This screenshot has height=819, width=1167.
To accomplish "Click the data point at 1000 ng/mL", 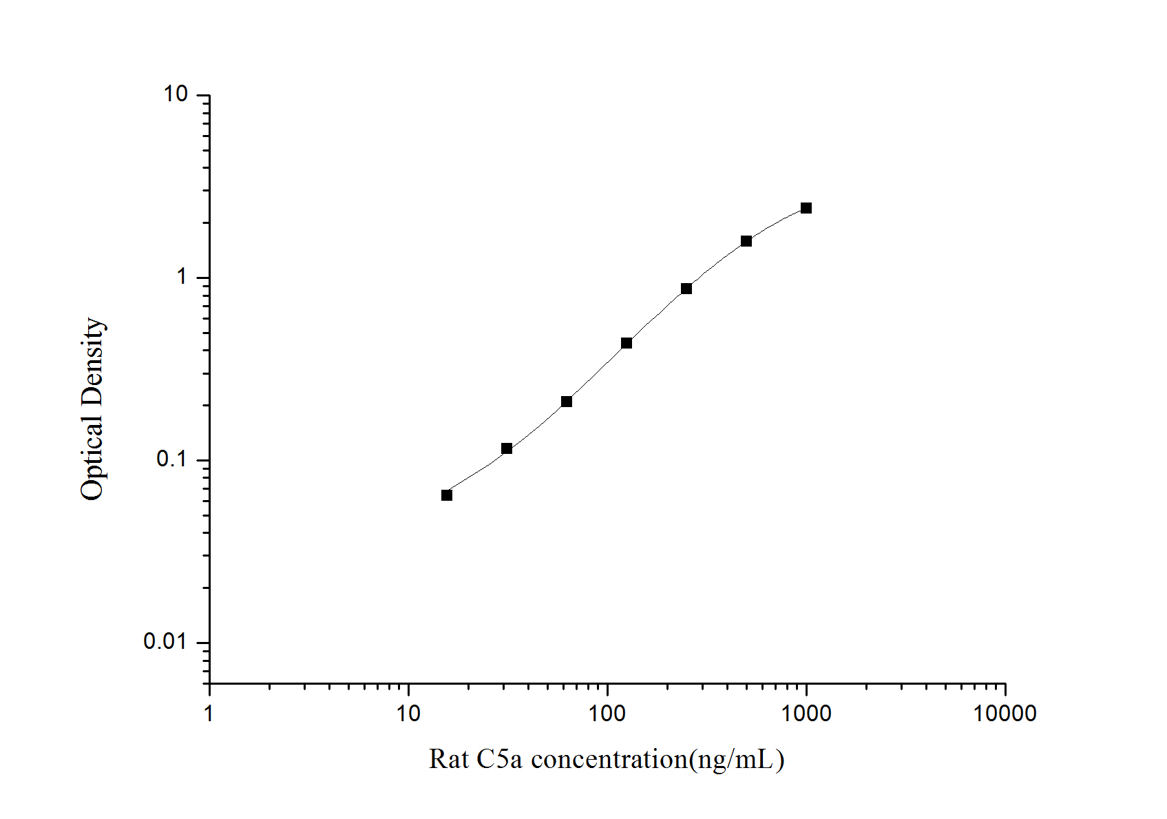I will [x=806, y=208].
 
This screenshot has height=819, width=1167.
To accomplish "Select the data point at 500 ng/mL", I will [x=746, y=241].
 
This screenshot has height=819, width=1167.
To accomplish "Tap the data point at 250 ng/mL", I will [x=686, y=289].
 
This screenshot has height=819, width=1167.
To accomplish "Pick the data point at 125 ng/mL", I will [x=627, y=343].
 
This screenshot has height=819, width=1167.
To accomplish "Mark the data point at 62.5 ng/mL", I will [x=567, y=402].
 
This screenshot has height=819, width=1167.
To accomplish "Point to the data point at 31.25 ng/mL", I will [x=507, y=448].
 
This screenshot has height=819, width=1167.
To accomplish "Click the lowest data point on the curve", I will [x=447, y=495].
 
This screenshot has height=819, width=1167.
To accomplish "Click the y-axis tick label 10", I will [x=176, y=94].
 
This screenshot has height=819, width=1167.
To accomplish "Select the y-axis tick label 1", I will [x=182, y=277].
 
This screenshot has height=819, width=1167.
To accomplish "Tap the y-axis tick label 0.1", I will [x=172, y=459].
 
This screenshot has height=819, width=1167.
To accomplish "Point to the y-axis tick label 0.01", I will [x=166, y=642].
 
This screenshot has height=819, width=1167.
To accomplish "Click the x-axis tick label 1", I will [x=209, y=714].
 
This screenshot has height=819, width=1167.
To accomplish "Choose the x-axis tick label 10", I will [x=408, y=714].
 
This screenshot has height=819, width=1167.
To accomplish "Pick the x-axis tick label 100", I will [x=607, y=714].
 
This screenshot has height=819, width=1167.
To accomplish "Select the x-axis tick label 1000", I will [x=806, y=714].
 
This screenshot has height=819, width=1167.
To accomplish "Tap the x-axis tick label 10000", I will [x=1005, y=714].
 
